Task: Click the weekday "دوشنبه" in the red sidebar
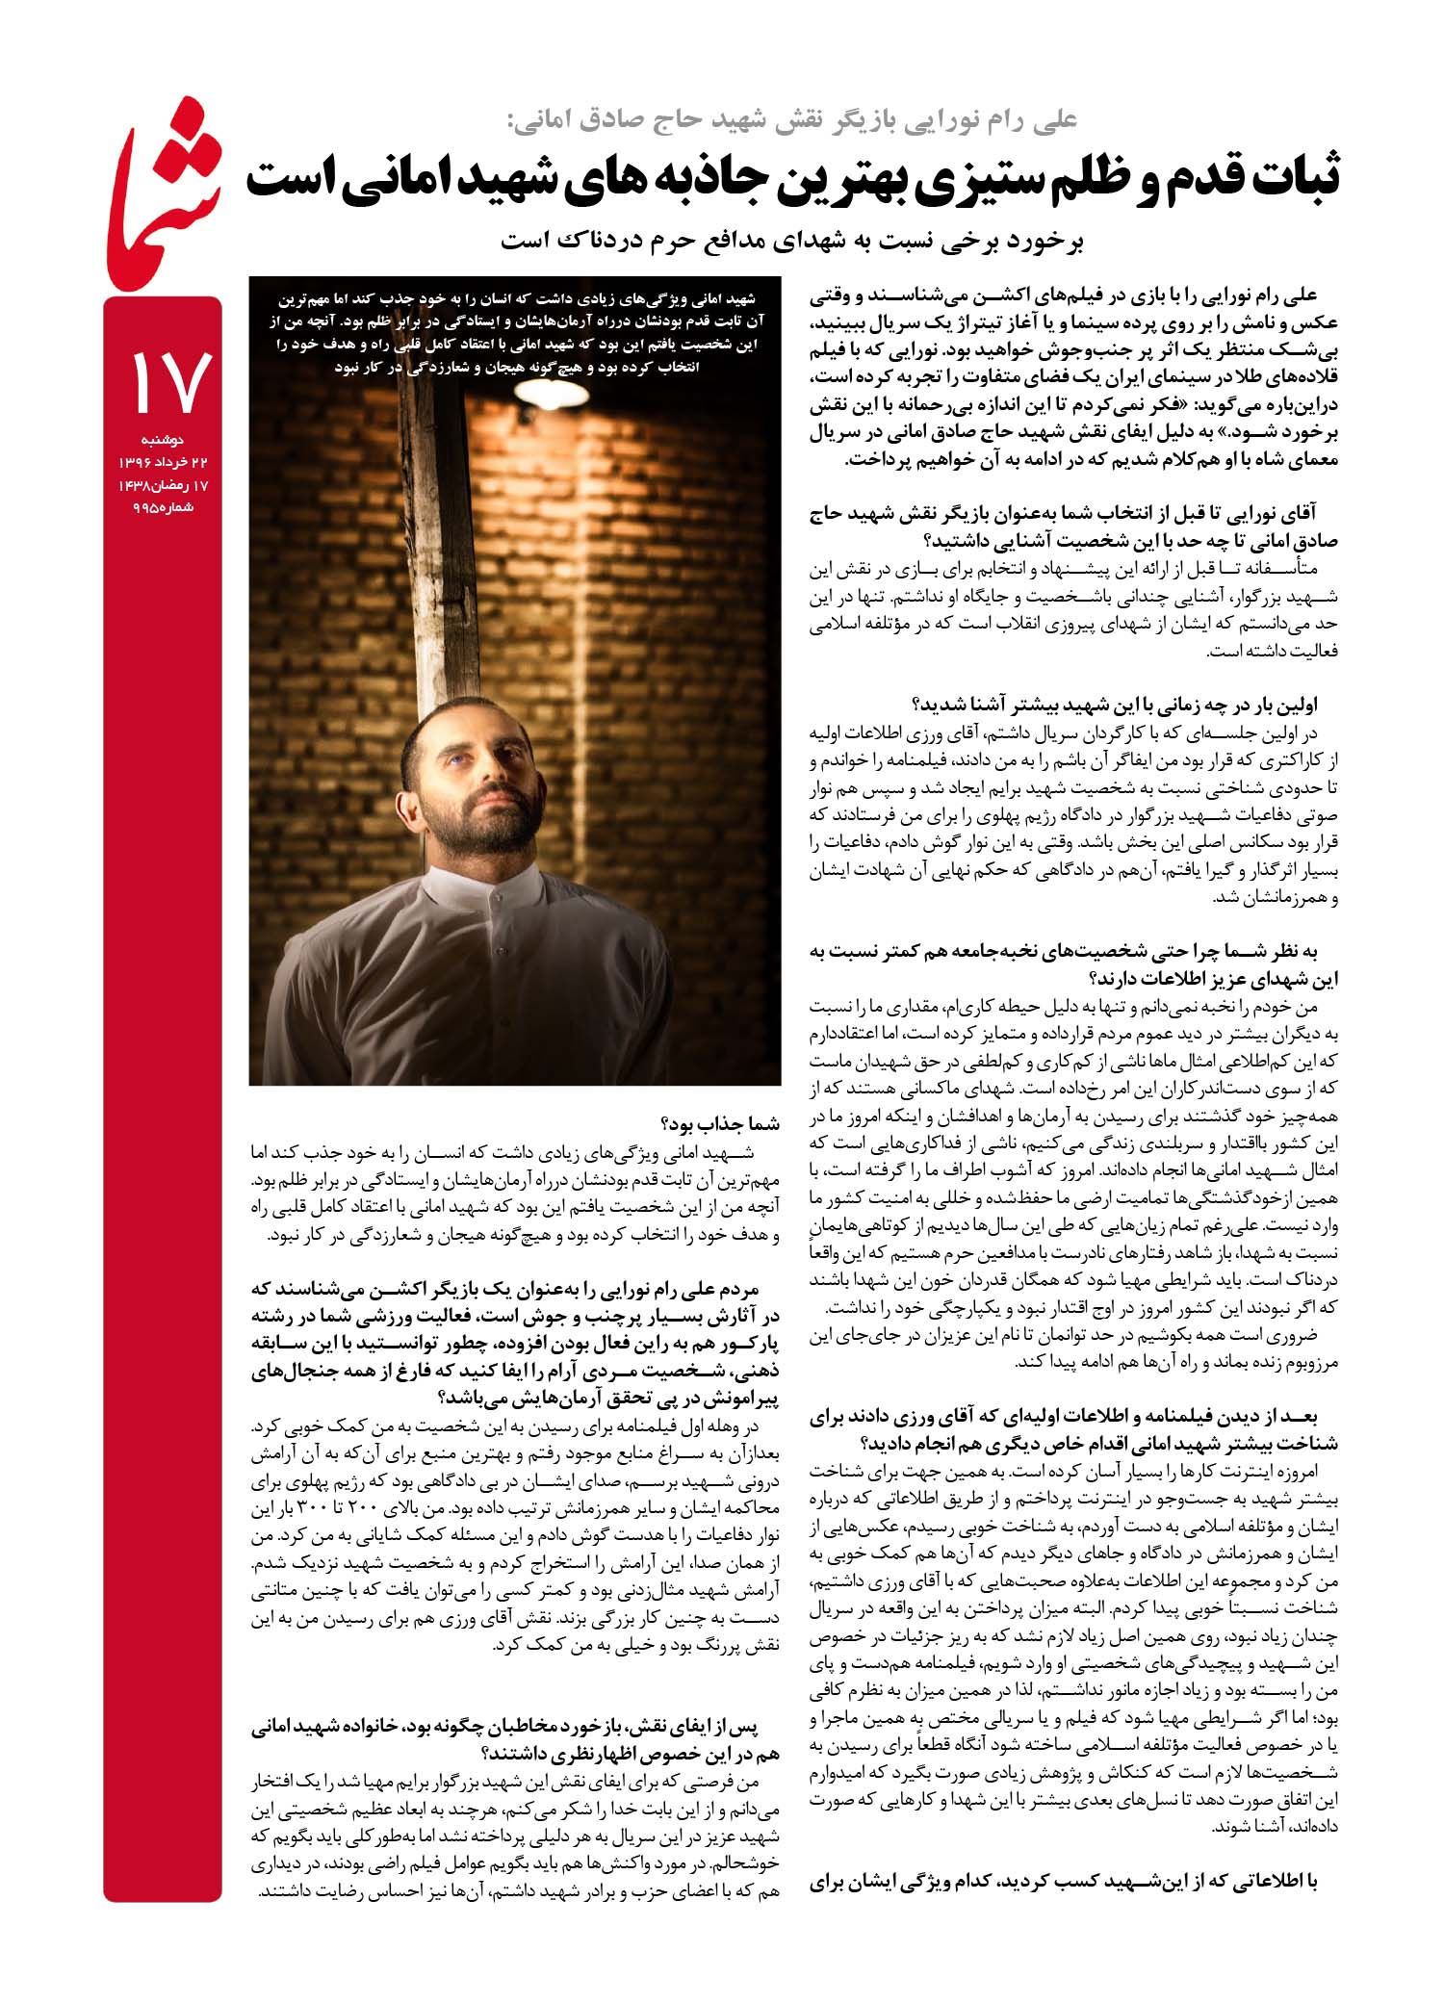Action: [x=161, y=440]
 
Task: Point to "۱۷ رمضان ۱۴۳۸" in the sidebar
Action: [x=163, y=486]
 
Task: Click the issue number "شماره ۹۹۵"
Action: [x=163, y=508]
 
